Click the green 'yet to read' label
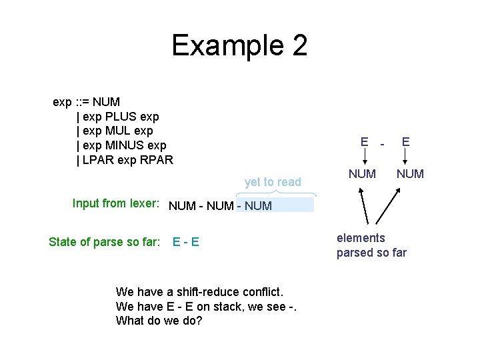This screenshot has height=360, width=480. [x=273, y=182]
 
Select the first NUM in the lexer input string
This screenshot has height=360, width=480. [x=182, y=206]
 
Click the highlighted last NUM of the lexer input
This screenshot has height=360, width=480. [x=259, y=206]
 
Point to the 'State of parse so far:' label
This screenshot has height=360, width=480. [x=105, y=241]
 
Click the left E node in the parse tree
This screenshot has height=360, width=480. [x=364, y=141]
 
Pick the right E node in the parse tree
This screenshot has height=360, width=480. [x=405, y=141]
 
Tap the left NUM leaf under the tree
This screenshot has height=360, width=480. [x=363, y=174]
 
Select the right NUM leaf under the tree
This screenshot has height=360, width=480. [x=410, y=174]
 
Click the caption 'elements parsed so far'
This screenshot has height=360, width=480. [x=371, y=245]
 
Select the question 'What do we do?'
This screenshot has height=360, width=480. [x=159, y=321]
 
